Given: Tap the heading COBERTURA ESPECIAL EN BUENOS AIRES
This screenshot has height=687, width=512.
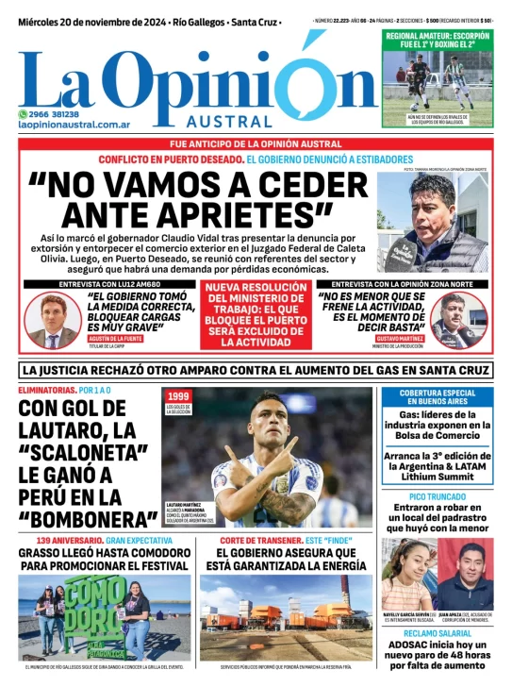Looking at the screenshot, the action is point(437,397).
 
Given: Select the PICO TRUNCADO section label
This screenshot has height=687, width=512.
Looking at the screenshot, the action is point(437,497).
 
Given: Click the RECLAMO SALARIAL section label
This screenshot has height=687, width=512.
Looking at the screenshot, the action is point(437,631).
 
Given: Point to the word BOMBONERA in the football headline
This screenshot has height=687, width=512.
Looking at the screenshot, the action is point(80,519).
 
